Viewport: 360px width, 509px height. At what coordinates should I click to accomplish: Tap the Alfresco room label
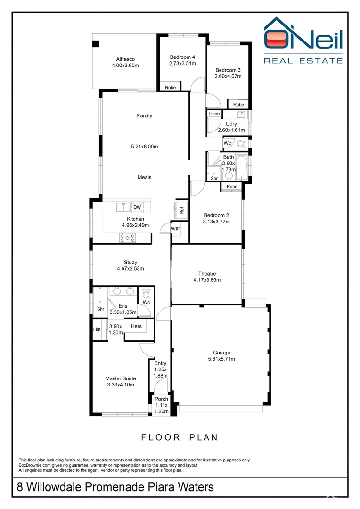point(125,59)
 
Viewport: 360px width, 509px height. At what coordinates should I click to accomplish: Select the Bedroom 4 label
point(182,57)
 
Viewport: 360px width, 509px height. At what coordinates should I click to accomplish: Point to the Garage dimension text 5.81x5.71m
point(221,359)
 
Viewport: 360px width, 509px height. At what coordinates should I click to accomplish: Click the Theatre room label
point(207,274)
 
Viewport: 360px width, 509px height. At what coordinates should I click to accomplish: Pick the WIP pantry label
point(176,229)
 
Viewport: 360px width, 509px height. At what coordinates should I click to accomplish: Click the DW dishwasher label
point(137,207)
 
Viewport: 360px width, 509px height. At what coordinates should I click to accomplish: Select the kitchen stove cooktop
point(127,238)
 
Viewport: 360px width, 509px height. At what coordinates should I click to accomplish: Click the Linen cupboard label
point(214,114)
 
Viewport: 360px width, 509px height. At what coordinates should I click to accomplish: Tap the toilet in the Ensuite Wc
point(146,293)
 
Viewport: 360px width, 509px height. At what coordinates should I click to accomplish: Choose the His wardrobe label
point(97,329)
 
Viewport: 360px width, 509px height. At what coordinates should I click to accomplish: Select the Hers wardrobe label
point(136,326)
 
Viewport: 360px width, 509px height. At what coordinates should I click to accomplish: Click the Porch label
point(161,399)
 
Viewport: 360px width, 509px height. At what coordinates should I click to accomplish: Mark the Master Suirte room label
point(121,378)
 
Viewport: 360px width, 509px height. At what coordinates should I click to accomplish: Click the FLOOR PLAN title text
point(180,437)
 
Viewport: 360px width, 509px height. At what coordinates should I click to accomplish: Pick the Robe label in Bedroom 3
point(238,105)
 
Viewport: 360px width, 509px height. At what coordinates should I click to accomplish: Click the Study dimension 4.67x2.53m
point(131,269)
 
